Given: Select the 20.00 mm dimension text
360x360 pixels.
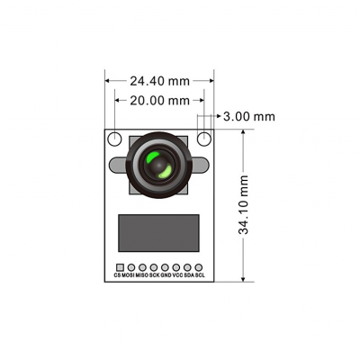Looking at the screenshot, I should pyautogui.click(x=160, y=100).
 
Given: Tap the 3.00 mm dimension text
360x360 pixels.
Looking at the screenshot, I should pyautogui.click(x=249, y=117).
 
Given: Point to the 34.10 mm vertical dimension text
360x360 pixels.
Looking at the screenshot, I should pyautogui.click(x=244, y=205).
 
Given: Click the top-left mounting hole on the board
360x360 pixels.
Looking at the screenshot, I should pyautogui.click(x=115, y=139).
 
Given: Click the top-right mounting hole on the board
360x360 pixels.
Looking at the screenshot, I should pyautogui.click(x=204, y=139).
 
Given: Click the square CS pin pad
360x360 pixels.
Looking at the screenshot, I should pyautogui.click(x=119, y=267).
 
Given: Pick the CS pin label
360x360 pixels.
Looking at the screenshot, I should pyautogui.click(x=118, y=276).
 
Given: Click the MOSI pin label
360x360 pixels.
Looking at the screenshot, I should pyautogui.click(x=130, y=276).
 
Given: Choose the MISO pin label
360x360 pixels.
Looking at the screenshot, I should pyautogui.click(x=142, y=276).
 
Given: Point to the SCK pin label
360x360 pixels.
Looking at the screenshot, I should pyautogui.click(x=154, y=276).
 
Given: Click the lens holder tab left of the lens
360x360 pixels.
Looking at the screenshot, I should pyautogui.click(x=116, y=166).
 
